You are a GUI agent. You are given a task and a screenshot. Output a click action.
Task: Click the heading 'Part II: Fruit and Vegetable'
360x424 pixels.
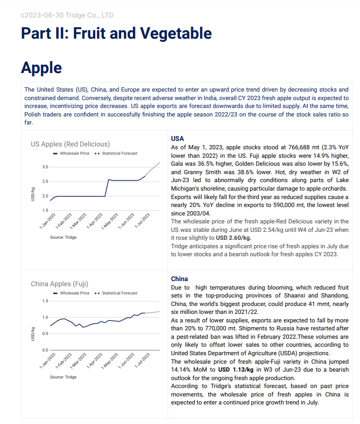[x=116, y=33]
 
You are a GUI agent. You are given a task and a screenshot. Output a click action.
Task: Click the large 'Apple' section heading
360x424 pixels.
[x=41, y=68]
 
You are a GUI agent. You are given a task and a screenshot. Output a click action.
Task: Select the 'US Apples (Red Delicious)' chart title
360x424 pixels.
[x=70, y=143]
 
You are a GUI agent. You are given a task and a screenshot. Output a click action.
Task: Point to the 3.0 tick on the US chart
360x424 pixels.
[x=45, y=167]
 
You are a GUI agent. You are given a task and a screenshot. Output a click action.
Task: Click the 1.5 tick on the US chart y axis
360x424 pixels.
[x=45, y=210]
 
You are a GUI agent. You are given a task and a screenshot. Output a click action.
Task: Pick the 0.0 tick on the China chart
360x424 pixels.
[x=45, y=350]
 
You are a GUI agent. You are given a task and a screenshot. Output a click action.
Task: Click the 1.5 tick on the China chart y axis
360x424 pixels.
[x=45, y=301]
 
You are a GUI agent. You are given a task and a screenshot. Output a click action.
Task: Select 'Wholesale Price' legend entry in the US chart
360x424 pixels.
[x=74, y=154]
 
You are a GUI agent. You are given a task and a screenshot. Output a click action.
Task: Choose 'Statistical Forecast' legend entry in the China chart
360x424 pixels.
[x=119, y=293]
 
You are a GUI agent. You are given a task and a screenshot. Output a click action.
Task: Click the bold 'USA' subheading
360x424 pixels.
[x=177, y=138]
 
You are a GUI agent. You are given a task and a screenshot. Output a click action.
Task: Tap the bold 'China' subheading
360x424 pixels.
[x=179, y=278]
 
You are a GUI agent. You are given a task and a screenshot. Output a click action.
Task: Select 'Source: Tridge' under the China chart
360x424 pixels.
[x=63, y=377]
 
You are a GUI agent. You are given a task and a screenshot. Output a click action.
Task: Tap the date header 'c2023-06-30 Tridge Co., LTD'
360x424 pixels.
[x=67, y=15]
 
